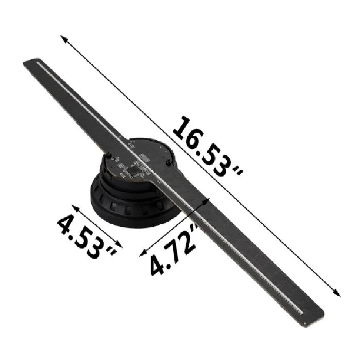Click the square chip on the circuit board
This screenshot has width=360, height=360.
point(138,168)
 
